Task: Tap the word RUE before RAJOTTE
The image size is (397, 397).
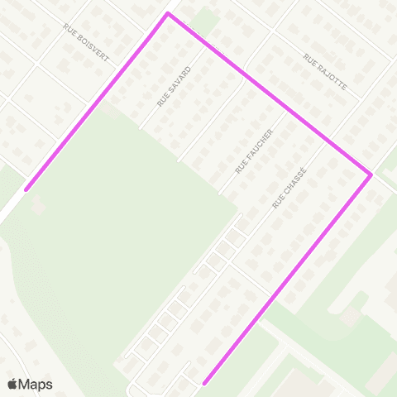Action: pos(310,60)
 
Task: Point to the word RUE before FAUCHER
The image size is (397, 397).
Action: pos(240,167)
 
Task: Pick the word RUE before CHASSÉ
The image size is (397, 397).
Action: pos(278,201)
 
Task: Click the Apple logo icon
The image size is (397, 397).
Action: pos(13,384)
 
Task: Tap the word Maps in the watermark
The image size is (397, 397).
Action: pos(36,385)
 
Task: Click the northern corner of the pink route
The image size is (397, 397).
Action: pos(168,14)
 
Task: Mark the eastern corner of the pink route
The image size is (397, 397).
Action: pos(371,175)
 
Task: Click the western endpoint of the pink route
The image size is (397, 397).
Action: pos(26,189)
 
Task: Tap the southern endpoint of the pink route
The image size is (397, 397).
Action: pos(204,383)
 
